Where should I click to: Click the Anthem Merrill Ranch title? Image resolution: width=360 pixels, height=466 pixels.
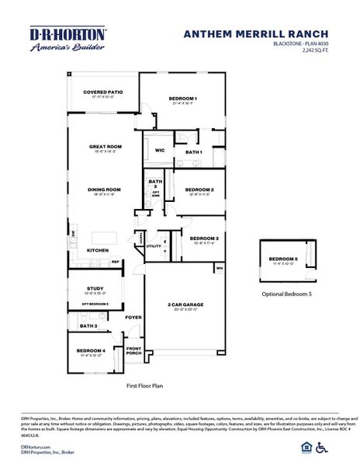(256, 33)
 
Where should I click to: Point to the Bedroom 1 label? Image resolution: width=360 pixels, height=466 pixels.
(184, 98)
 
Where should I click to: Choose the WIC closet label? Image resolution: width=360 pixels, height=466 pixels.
(159, 151)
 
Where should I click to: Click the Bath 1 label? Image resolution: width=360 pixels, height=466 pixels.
(193, 152)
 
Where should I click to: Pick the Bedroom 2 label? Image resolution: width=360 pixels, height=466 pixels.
(200, 190)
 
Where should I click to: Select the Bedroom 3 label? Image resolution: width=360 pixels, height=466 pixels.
(204, 238)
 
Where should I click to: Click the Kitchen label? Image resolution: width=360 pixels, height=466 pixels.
(97, 250)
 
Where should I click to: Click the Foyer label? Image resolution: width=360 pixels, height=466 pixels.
(134, 317)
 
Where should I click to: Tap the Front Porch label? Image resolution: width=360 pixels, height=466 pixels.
(134, 351)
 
